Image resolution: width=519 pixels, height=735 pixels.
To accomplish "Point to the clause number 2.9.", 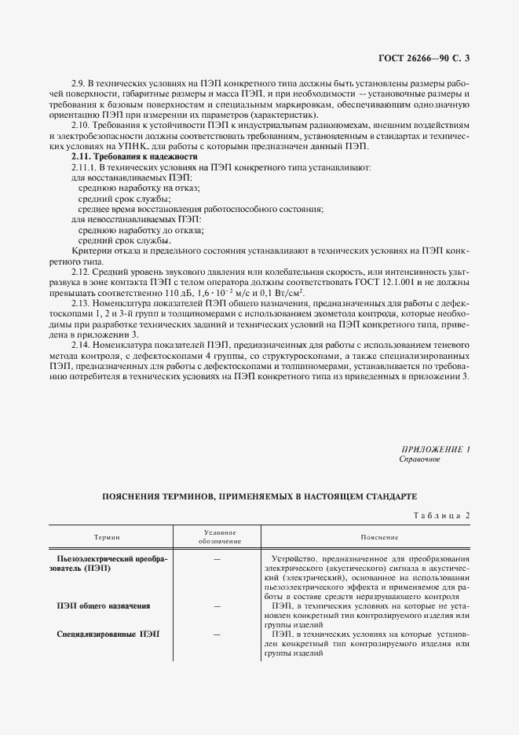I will pos(77,84).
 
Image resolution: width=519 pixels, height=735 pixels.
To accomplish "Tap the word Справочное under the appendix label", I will pos(420,459).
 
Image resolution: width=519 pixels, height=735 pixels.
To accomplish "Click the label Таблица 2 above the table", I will pos(440,514).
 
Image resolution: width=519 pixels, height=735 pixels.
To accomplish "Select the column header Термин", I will pos(108,537).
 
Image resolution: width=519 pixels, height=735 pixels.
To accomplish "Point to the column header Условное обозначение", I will pos(216,537).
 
